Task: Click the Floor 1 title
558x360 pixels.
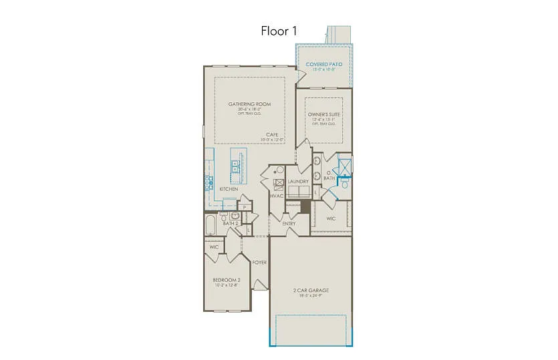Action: tap(279, 31)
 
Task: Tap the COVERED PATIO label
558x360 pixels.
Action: tap(324, 64)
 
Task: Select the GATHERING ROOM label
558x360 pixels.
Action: tap(249, 104)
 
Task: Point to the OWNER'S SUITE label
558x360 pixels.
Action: tap(324, 115)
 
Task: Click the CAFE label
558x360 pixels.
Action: tap(272, 135)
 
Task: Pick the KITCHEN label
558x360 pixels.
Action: tap(229, 189)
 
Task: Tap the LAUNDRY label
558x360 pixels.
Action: tap(298, 181)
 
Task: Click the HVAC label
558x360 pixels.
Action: tap(277, 196)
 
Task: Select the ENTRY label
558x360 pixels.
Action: tap(289, 223)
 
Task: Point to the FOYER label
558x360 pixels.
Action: tap(259, 262)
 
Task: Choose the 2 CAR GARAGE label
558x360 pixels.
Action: tap(311, 291)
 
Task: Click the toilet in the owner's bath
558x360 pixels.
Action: tap(345, 186)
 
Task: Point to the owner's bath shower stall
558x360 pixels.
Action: tap(345, 165)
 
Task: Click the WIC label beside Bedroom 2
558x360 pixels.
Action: tap(214, 247)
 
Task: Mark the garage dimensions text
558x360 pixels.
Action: tap(311, 296)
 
